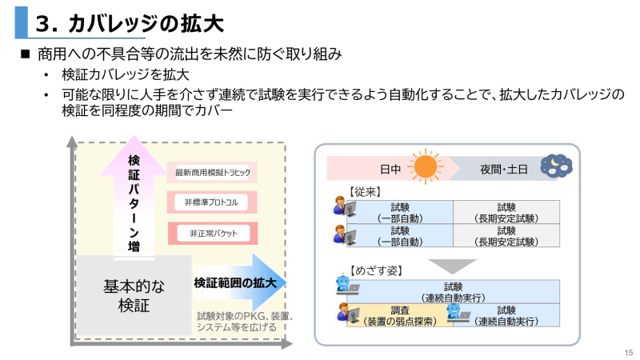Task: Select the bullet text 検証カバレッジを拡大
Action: [125, 76]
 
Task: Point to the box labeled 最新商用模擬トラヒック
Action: [213, 173]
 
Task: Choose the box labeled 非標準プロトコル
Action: [213, 202]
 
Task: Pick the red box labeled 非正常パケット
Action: [213, 233]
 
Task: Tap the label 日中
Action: [390, 170]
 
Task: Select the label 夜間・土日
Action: [503, 170]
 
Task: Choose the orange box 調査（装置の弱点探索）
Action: [400, 316]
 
